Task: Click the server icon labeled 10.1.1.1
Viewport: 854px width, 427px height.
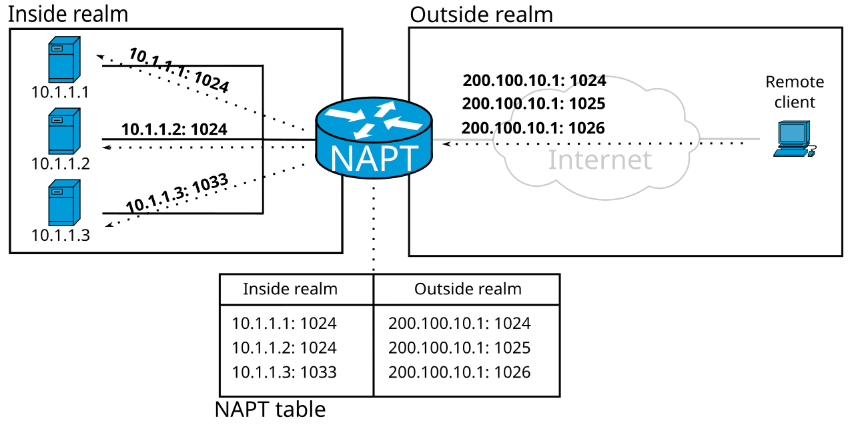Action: pos(65,59)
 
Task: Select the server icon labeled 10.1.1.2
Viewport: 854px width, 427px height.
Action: pos(65,131)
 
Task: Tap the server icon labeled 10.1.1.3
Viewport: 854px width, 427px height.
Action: pos(65,203)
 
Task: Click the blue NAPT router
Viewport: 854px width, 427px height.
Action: pos(374,138)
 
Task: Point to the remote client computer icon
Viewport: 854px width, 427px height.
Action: pos(795,139)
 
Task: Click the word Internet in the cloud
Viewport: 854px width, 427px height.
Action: pos(600,159)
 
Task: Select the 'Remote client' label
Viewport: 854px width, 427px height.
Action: pos(795,92)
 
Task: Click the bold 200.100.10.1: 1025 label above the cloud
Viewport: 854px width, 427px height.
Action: pos(534,103)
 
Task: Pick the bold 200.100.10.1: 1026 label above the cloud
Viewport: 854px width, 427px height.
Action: pos(533,128)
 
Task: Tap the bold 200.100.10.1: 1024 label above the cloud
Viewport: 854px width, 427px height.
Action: pos(534,81)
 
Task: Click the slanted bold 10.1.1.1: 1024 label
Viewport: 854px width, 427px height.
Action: pos(179,70)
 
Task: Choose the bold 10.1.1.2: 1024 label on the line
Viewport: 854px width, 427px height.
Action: pos(174,129)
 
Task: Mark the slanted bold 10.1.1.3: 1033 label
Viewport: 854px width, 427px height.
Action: pos(177,193)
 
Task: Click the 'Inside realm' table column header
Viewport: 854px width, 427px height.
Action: pos(290,289)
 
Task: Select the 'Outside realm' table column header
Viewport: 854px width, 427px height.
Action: pos(468,289)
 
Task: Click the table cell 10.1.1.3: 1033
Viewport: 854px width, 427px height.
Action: pos(284,372)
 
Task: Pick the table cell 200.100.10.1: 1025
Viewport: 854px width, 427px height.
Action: pos(460,348)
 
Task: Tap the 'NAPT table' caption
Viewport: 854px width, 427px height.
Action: pos(270,410)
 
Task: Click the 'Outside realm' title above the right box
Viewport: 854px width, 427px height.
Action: pos(481,15)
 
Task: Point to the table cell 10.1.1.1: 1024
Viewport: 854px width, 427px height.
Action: pos(284,324)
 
